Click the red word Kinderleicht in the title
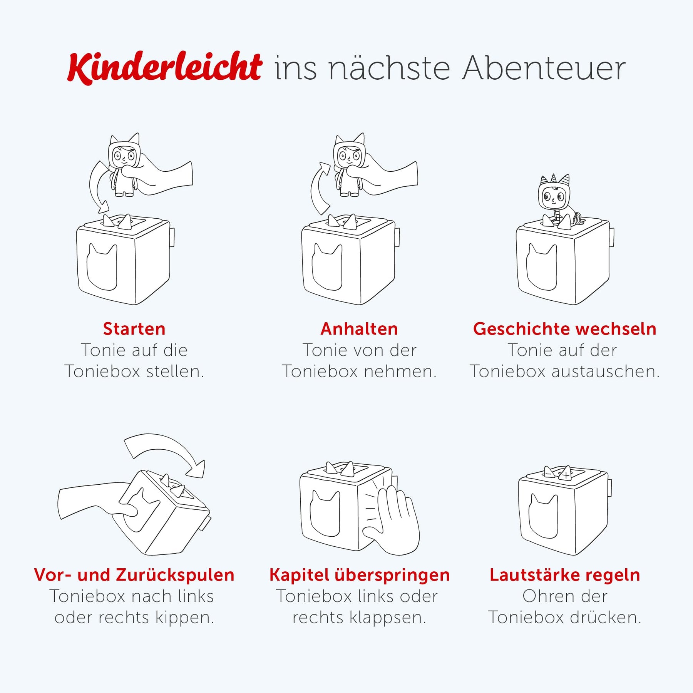click(x=165, y=68)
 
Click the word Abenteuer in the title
click(x=544, y=68)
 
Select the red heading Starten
click(x=134, y=329)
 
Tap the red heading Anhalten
click(x=359, y=329)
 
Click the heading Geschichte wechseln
click(x=565, y=329)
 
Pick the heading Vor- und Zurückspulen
click(x=134, y=575)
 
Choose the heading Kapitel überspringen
click(x=360, y=575)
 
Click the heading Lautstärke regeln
click(x=565, y=575)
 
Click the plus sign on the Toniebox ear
click(x=566, y=475)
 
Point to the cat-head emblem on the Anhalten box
click(x=326, y=266)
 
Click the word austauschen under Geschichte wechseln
click(x=606, y=372)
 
